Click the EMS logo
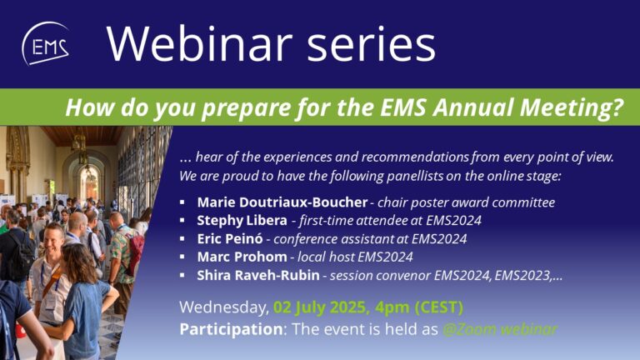pyautogui.click(x=45, y=43)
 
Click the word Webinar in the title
pyautogui.click(x=200, y=43)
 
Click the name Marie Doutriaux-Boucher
pyautogui.click(x=282, y=202)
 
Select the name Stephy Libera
pyautogui.click(x=242, y=220)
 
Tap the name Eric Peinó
pyautogui.click(x=230, y=239)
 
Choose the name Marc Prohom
pyautogui.click(x=242, y=257)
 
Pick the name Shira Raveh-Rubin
pyautogui.click(x=258, y=275)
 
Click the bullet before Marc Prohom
pyautogui.click(x=182, y=257)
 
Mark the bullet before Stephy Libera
pyautogui.click(x=182, y=220)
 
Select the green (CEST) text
pyautogui.click(x=439, y=307)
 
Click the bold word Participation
pyautogui.click(x=231, y=329)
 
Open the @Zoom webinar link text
pyautogui.click(x=500, y=329)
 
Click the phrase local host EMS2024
pyautogui.click(x=355, y=257)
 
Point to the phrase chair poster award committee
pyautogui.click(x=466, y=202)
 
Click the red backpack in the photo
pyautogui.click(x=136, y=253)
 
